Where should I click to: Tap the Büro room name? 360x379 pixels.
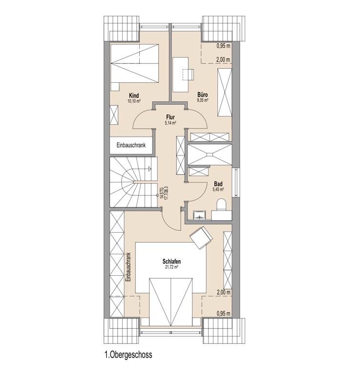tap(202, 95)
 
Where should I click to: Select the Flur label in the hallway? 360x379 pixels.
tap(171, 117)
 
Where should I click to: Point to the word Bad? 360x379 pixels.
tap(218, 184)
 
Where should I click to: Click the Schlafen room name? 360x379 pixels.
tap(171, 262)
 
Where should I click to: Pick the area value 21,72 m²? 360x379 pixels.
tap(171, 267)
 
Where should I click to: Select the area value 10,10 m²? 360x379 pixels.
tap(134, 101)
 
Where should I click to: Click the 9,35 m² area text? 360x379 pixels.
tap(203, 100)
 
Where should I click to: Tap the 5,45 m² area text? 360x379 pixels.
tap(218, 189)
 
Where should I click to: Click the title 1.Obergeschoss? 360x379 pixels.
tap(129, 355)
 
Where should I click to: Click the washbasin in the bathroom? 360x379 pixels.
tap(199, 215)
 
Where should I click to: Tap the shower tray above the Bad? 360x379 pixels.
tap(209, 154)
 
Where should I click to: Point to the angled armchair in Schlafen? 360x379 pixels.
tap(201, 238)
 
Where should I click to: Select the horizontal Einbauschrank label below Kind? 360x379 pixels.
tap(131, 145)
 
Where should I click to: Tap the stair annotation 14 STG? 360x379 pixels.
tap(162, 192)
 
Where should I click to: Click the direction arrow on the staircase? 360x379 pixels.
tap(150, 169)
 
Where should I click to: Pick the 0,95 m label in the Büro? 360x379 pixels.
tap(224, 46)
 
